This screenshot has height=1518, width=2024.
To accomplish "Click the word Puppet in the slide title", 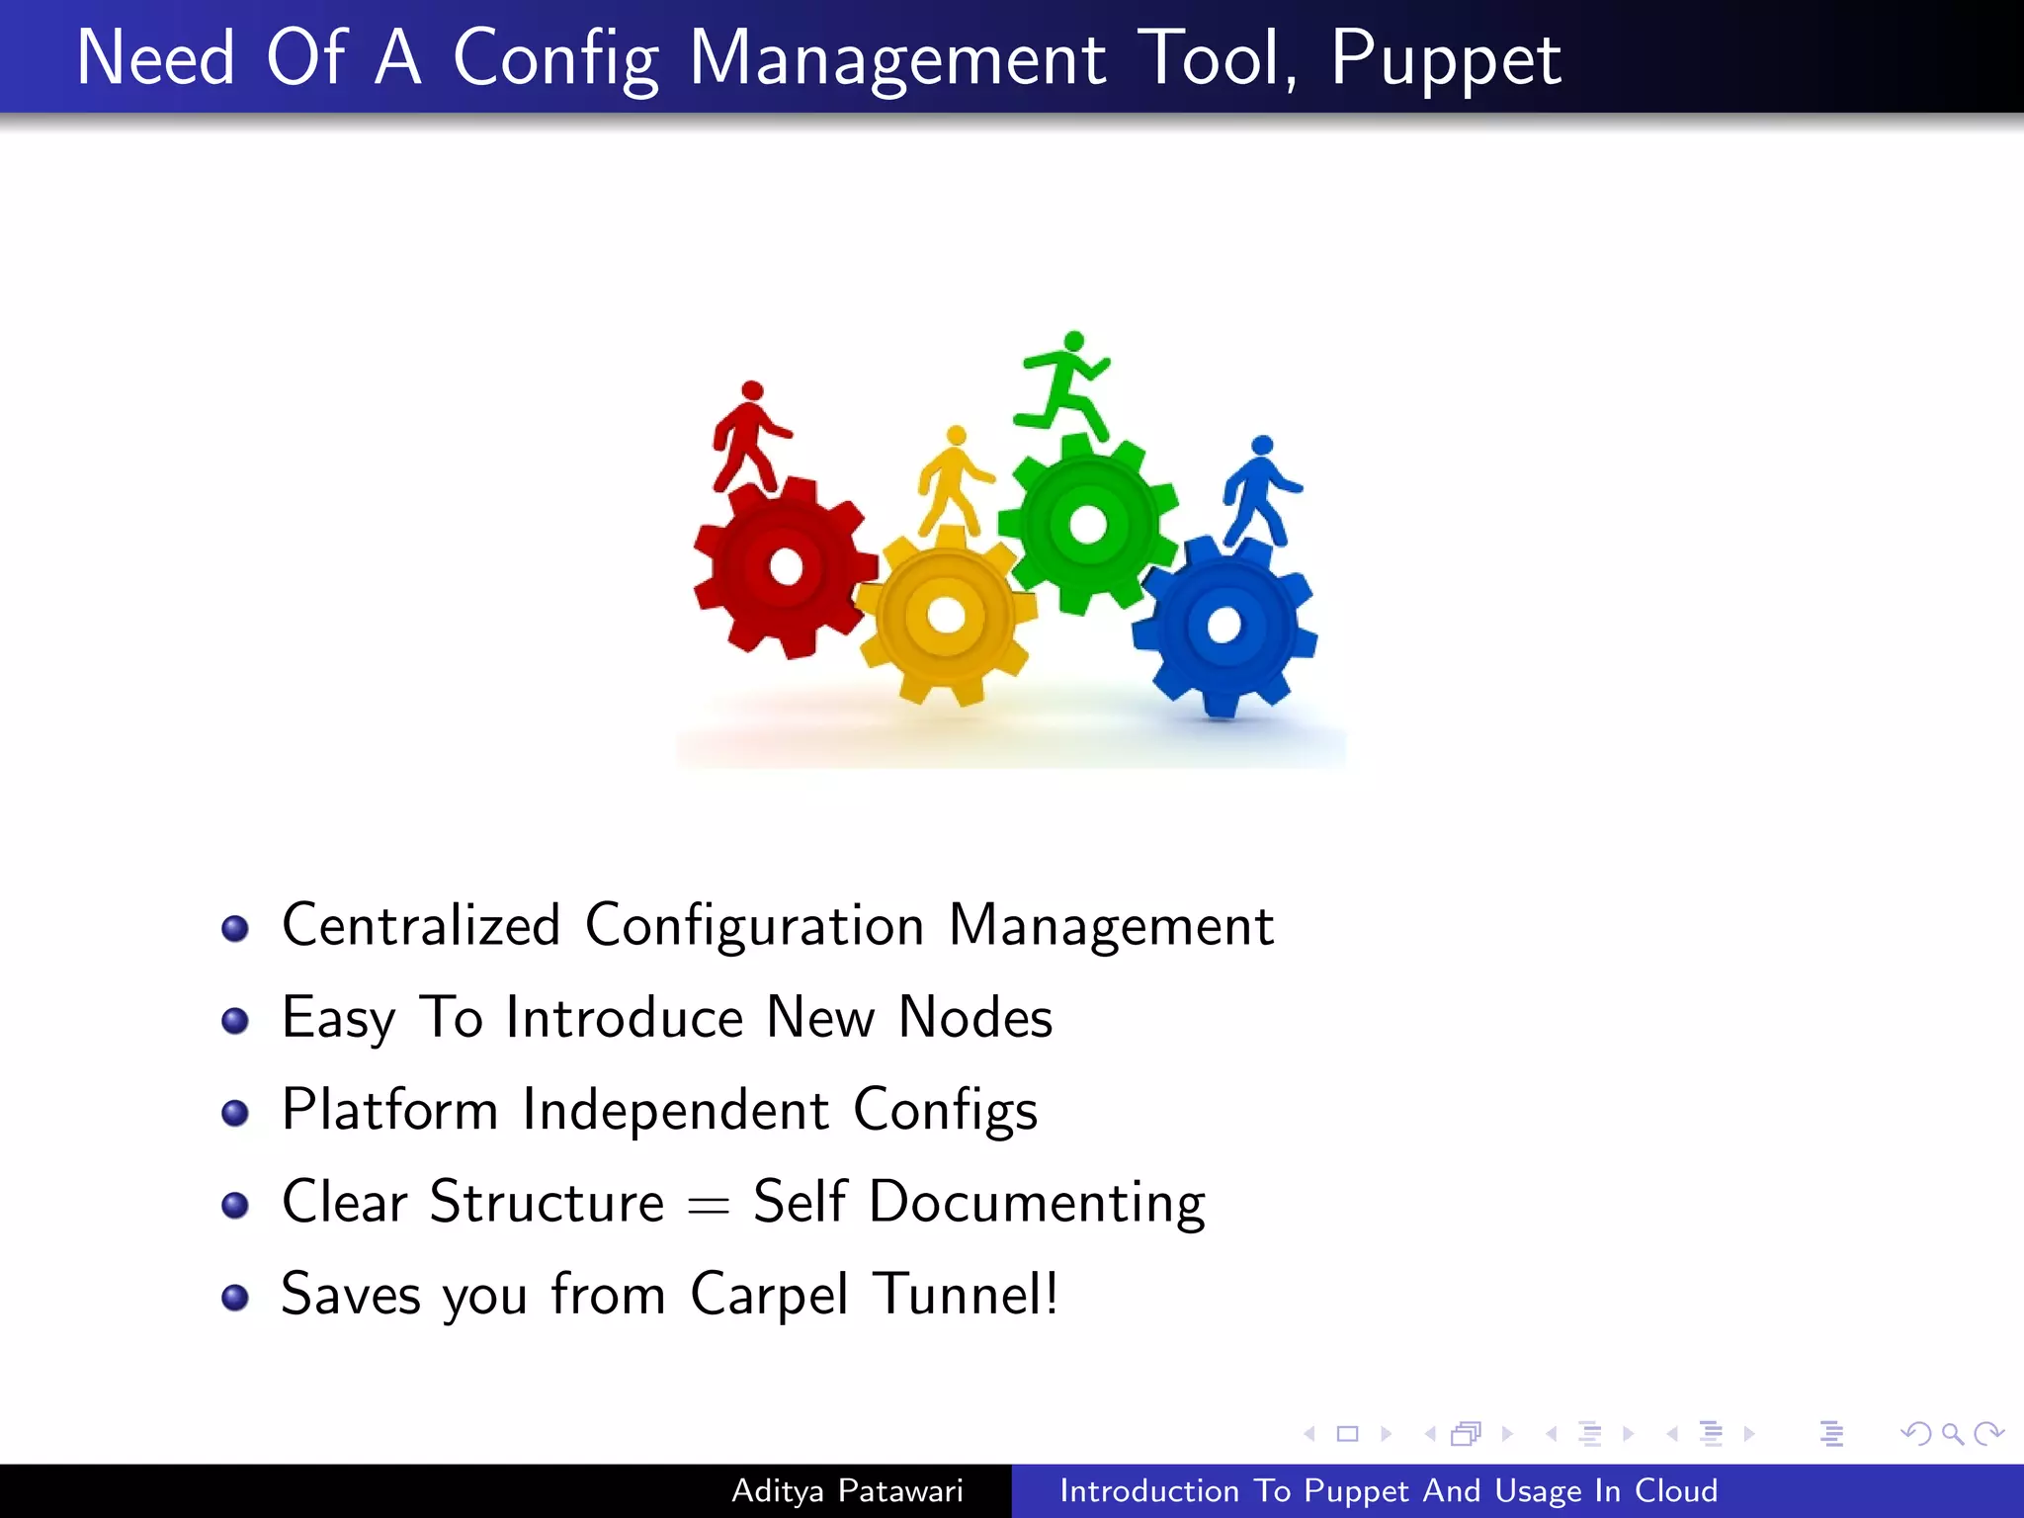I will (x=1445, y=59).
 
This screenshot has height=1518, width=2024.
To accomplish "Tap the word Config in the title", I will (x=555, y=59).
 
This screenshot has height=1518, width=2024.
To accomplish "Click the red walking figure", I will (x=749, y=437).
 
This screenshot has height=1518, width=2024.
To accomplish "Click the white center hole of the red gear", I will (x=787, y=566).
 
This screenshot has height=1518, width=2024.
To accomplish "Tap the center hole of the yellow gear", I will (x=946, y=615).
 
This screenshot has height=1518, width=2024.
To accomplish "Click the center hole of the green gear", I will (x=1088, y=523).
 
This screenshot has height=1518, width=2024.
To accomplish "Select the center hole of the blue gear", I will (x=1223, y=625).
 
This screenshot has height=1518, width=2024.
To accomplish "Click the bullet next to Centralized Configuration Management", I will (x=235, y=929).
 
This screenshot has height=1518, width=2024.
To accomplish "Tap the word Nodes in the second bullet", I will (x=975, y=1017).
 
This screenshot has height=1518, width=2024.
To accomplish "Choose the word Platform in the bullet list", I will (x=389, y=1110).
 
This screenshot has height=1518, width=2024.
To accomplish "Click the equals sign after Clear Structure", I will (x=709, y=1205).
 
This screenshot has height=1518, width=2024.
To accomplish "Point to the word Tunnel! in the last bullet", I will (x=966, y=1294).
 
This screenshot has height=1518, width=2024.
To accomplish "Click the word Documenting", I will (x=1037, y=1203).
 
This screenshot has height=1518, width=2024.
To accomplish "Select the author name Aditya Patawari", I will (x=847, y=1490).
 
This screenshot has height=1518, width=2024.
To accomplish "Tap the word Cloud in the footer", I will (x=1676, y=1490).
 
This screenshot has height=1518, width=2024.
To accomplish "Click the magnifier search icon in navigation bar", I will (x=1952, y=1433).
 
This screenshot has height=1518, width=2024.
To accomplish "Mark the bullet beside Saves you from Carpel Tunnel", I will (x=235, y=1298).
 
